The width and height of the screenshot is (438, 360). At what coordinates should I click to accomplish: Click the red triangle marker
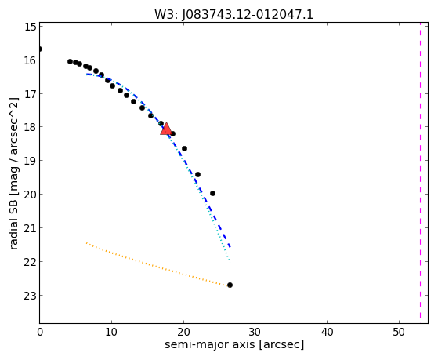tap(166, 129)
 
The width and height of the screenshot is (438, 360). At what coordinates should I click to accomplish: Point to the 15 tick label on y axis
tap(31, 27)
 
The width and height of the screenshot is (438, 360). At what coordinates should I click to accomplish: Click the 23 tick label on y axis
tap(31, 296)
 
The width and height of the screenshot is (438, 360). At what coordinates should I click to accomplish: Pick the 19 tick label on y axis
tap(31, 161)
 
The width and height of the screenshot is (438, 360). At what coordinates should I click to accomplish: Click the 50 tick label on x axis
tap(399, 333)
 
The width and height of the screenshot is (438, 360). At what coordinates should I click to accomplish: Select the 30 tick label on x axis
tap(255, 333)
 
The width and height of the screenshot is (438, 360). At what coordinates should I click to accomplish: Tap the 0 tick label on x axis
tap(40, 333)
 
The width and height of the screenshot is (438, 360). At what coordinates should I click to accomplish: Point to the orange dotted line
tap(157, 264)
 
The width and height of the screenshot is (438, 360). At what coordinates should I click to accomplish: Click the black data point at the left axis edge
tap(40, 49)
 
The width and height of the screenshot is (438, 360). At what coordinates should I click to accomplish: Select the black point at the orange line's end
tap(230, 285)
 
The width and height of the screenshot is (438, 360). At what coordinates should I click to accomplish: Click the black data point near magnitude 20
tap(212, 193)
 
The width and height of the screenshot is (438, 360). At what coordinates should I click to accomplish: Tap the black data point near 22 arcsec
tap(197, 175)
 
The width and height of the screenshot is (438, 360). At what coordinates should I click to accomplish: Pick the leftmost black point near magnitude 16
tap(70, 61)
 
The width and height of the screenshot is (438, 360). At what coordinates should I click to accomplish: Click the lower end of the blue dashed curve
tap(230, 248)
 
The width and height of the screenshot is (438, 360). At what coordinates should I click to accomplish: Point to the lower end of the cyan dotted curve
tap(229, 260)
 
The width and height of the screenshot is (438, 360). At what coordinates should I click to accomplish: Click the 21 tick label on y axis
tap(31, 228)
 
